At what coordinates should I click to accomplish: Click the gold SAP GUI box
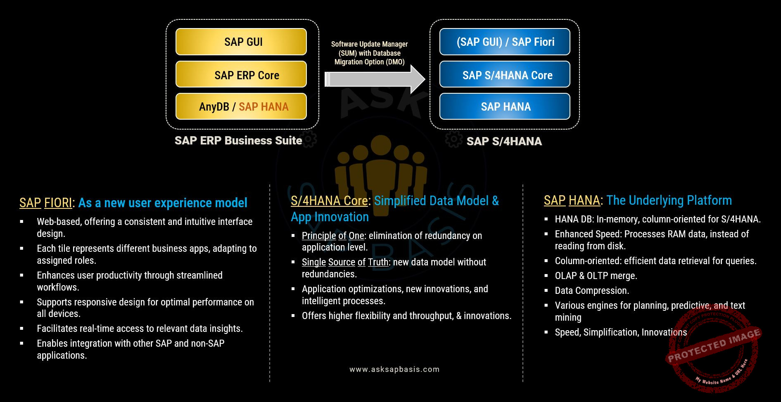click(241, 42)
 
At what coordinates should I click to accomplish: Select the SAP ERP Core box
click(241, 74)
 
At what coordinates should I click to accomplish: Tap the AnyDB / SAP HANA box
click(241, 106)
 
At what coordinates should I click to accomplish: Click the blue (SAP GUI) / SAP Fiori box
click(505, 42)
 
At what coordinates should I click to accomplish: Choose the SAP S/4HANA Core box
click(505, 74)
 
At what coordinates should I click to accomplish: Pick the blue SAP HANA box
click(505, 106)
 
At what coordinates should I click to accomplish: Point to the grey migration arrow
click(375, 79)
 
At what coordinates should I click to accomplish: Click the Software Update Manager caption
click(370, 53)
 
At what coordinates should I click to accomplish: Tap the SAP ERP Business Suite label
click(238, 141)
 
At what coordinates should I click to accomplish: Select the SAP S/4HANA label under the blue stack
click(504, 142)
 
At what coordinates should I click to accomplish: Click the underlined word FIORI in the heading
click(58, 203)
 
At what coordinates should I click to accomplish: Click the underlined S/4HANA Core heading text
click(329, 201)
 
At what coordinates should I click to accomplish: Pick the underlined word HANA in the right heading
click(584, 201)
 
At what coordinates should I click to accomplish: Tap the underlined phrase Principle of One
click(333, 236)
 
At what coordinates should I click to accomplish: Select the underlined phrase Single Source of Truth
click(345, 262)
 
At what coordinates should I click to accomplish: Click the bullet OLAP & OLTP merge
click(596, 276)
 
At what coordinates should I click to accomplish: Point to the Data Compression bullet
click(592, 291)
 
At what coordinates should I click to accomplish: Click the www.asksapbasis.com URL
click(394, 369)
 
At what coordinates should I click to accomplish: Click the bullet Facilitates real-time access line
click(140, 329)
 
